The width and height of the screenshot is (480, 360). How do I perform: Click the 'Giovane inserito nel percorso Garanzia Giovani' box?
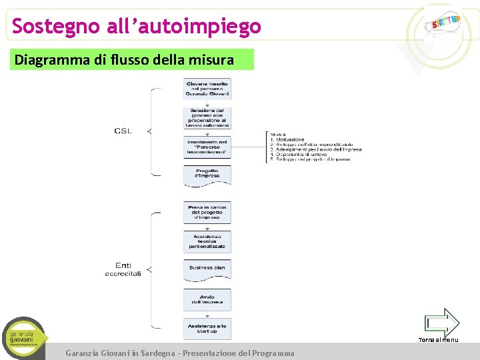coord(207,89)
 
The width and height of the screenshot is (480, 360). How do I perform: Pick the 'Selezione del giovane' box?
coord(207,117)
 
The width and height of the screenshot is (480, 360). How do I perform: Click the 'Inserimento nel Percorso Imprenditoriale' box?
coord(207,147)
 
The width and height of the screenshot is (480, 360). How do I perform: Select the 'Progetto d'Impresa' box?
coord(207,174)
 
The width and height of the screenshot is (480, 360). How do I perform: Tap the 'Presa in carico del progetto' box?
coord(207,212)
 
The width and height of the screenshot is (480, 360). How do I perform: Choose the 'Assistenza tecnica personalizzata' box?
coord(207,241)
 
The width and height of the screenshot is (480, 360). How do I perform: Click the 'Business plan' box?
coord(207,268)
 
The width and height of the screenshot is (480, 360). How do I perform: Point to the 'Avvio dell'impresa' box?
coord(207,299)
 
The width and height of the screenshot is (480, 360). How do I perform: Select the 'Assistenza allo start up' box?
coord(207,328)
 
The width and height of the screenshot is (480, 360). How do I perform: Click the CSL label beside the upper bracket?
coord(123,131)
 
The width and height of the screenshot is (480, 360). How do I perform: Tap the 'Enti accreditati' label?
coord(123,269)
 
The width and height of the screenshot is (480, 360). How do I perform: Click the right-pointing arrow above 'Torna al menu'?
coord(442,323)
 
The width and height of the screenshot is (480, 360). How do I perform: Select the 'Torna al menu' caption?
coord(438,340)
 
